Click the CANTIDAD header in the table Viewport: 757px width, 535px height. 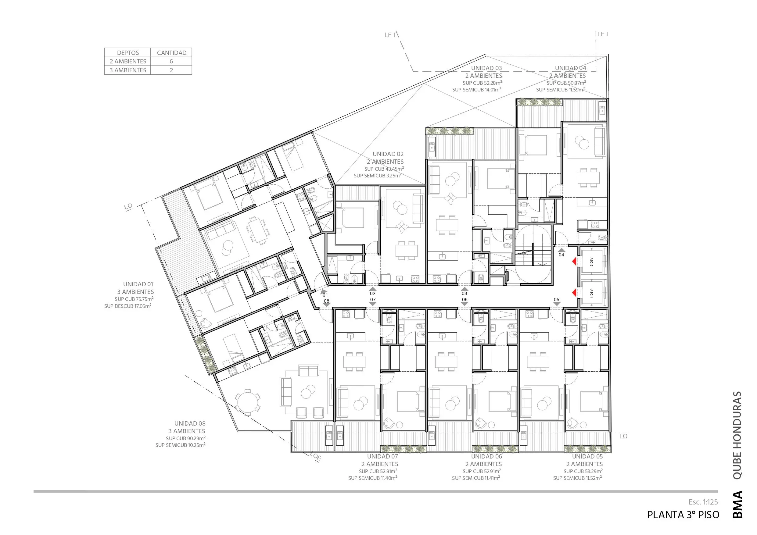point(171,53)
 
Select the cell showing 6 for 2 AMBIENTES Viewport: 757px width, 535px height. point(171,61)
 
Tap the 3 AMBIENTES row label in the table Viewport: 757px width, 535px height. point(128,70)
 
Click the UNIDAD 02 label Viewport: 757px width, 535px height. point(388,154)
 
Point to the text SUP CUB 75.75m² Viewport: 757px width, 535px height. point(134,299)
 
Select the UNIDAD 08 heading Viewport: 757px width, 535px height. point(190,423)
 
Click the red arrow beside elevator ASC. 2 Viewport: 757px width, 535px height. point(574,261)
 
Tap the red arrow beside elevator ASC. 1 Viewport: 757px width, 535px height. point(574,292)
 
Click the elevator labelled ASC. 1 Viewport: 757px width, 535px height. point(594,293)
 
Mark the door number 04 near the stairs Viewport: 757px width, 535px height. point(561,255)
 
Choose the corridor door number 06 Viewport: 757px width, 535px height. point(465,300)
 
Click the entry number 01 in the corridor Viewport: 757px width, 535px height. point(325,295)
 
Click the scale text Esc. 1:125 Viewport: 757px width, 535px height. point(703,502)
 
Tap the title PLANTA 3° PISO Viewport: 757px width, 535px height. point(683,515)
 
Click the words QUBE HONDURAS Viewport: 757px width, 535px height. point(737,435)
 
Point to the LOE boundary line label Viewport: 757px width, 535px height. point(316,457)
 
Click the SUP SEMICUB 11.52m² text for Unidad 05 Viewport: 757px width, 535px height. point(577,478)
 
